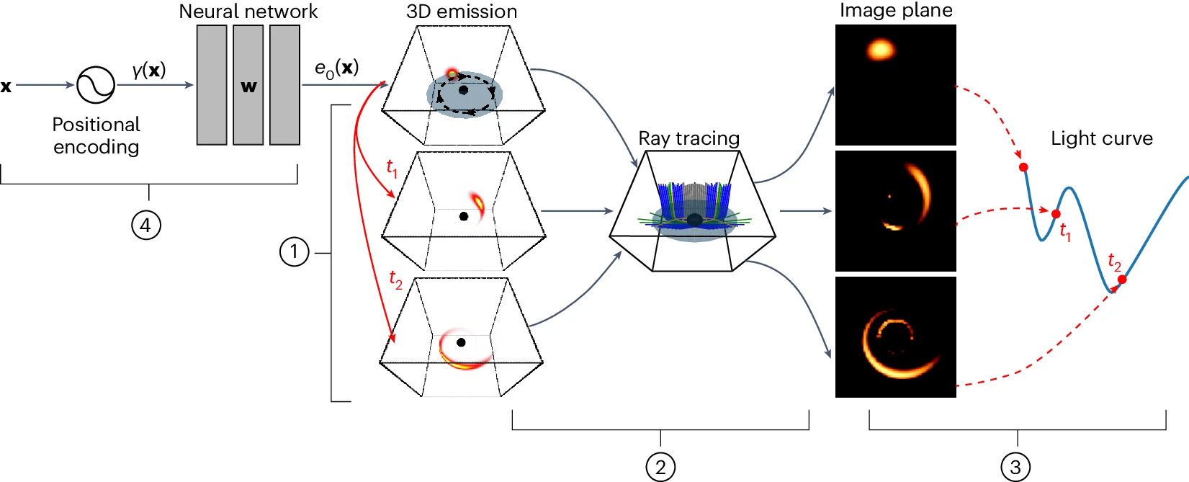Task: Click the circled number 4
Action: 145,226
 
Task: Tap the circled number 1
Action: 294,252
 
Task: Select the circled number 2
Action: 660,467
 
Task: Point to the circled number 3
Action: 1015,467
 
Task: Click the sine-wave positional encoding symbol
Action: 96,85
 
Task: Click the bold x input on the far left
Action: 6,86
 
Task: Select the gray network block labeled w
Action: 248,85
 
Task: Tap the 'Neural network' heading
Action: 248,12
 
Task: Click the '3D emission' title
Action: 462,12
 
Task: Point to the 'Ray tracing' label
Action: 689,138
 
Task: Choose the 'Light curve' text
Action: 1102,138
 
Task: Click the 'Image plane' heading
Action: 896,10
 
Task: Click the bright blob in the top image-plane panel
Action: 880,50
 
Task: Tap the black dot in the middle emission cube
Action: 464,216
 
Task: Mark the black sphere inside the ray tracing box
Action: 694,220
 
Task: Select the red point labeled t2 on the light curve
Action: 1122,279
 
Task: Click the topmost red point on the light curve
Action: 1023,167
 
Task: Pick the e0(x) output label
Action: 336,68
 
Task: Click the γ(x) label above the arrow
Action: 149,70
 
